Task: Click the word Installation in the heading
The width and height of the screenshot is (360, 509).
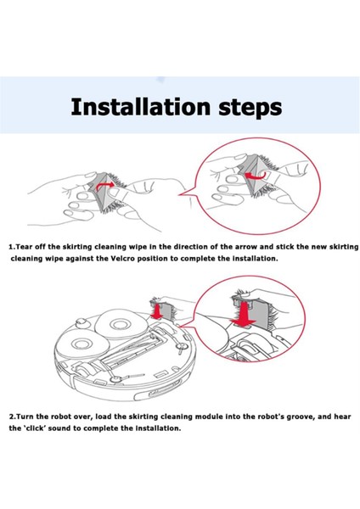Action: (140, 107)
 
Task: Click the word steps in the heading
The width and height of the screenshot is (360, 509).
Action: (250, 109)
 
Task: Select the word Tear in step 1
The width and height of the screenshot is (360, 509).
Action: (25, 247)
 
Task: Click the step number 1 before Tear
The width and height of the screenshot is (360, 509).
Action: (11, 247)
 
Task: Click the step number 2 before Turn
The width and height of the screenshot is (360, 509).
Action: (11, 417)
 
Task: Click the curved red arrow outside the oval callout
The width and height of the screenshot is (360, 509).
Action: (105, 185)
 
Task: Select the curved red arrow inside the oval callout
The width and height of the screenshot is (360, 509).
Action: (256, 176)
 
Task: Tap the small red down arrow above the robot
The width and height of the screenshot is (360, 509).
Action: (157, 311)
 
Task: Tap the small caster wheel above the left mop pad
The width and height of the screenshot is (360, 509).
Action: (81, 322)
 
